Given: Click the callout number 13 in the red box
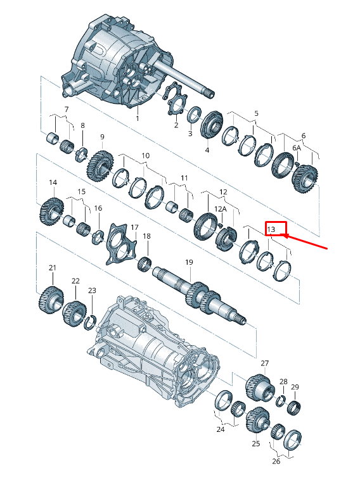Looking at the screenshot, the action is click(x=271, y=229).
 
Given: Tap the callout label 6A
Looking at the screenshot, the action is click(x=297, y=148).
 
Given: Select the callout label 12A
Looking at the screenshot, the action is click(x=221, y=209).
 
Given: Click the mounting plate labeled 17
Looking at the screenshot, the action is click(x=120, y=243).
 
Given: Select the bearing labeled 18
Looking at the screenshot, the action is click(x=145, y=263).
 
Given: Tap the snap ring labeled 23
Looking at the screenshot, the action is click(x=91, y=322).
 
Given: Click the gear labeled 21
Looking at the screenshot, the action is click(x=51, y=300).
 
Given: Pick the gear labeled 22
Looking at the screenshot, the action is click(x=74, y=313).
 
